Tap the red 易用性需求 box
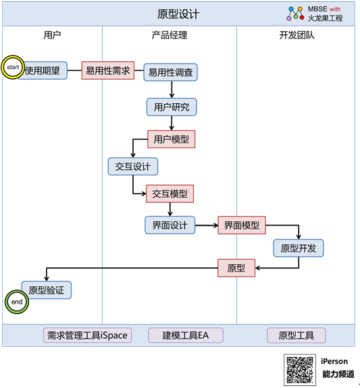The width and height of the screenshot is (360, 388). click(x=108, y=71)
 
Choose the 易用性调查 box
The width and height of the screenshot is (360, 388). click(x=170, y=72)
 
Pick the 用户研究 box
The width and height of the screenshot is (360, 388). click(x=172, y=107)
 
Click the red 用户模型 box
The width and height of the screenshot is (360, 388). click(x=171, y=139)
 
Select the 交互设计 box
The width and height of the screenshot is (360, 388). click(x=133, y=166)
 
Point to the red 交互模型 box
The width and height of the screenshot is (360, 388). click(x=170, y=194)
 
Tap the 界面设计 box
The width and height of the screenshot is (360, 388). click(x=170, y=225)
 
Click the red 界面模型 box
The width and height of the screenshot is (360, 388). click(x=242, y=225)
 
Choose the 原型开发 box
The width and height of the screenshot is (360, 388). click(x=299, y=248)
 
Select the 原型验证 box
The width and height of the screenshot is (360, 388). click(x=47, y=290)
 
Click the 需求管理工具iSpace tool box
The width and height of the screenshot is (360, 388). click(x=87, y=335)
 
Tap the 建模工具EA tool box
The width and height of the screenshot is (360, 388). click(x=186, y=335)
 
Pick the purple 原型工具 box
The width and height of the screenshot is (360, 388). click(x=296, y=335)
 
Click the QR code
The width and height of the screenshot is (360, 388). click(x=300, y=370)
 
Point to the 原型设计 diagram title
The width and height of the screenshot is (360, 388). click(x=178, y=14)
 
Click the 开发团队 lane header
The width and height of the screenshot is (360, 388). click(x=297, y=35)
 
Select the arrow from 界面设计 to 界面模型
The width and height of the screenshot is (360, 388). click(x=207, y=225)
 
